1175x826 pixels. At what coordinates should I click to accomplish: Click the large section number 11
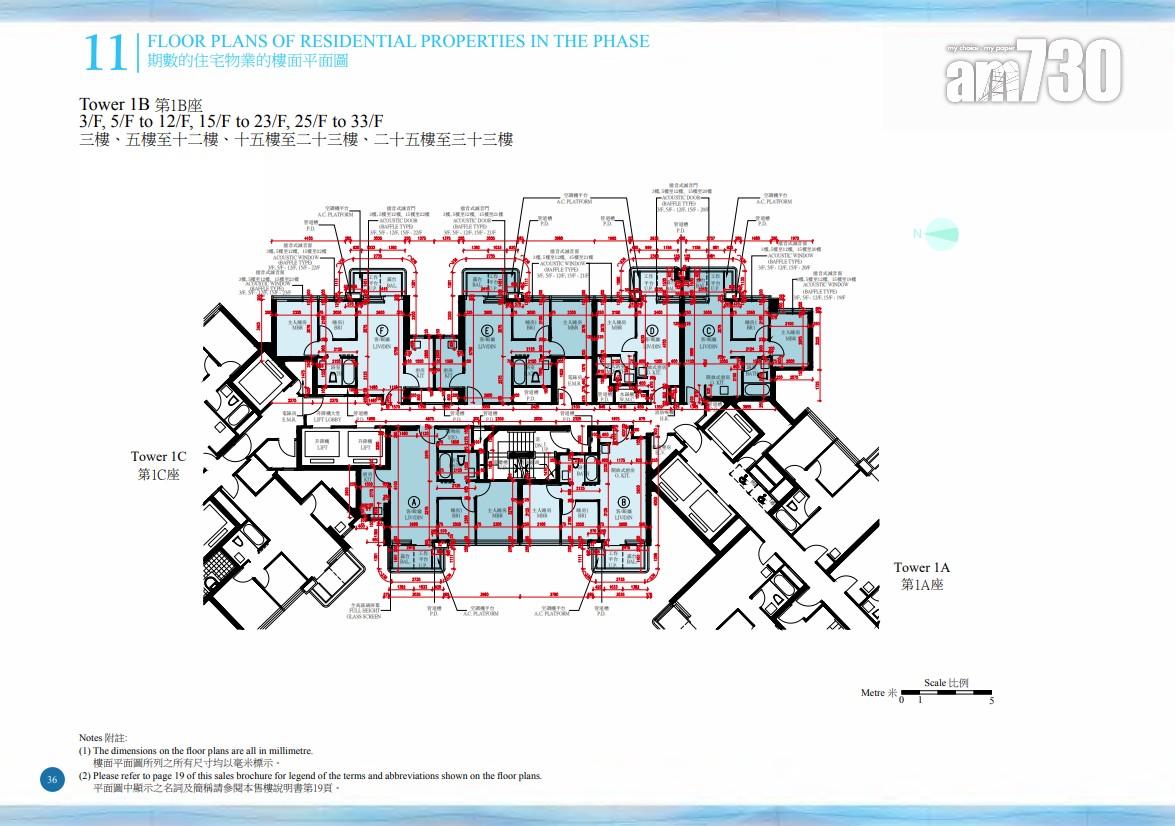104,53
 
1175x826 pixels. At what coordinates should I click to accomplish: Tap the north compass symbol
936,235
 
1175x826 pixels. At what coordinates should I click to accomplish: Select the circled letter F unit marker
382,331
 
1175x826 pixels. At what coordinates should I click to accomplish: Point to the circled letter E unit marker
486,331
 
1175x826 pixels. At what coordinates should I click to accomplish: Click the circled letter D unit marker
652,331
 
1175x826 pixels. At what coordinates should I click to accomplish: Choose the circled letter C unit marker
709,331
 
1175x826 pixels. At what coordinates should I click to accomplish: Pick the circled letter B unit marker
622,503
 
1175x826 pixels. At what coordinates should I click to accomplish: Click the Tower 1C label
158,457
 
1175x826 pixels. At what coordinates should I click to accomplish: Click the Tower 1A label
921,568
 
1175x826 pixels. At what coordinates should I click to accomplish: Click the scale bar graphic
946,692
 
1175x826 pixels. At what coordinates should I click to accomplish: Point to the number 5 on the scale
990,701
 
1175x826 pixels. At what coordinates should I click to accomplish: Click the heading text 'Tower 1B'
115,104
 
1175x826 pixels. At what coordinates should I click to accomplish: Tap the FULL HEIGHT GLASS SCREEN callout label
365,611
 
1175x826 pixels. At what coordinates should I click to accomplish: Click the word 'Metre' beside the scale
873,692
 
